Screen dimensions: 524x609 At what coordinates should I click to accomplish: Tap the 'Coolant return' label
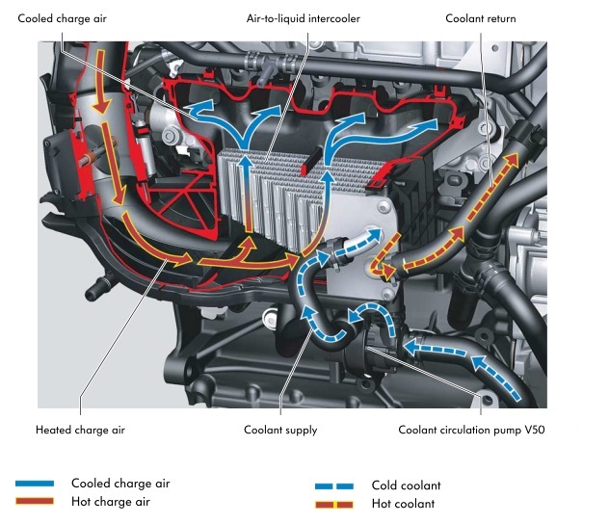click(x=480, y=19)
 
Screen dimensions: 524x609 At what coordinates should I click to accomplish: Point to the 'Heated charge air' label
click(x=80, y=430)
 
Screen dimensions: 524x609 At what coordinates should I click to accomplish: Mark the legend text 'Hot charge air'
click(x=111, y=502)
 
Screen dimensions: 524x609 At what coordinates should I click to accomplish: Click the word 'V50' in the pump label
click(x=521, y=430)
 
